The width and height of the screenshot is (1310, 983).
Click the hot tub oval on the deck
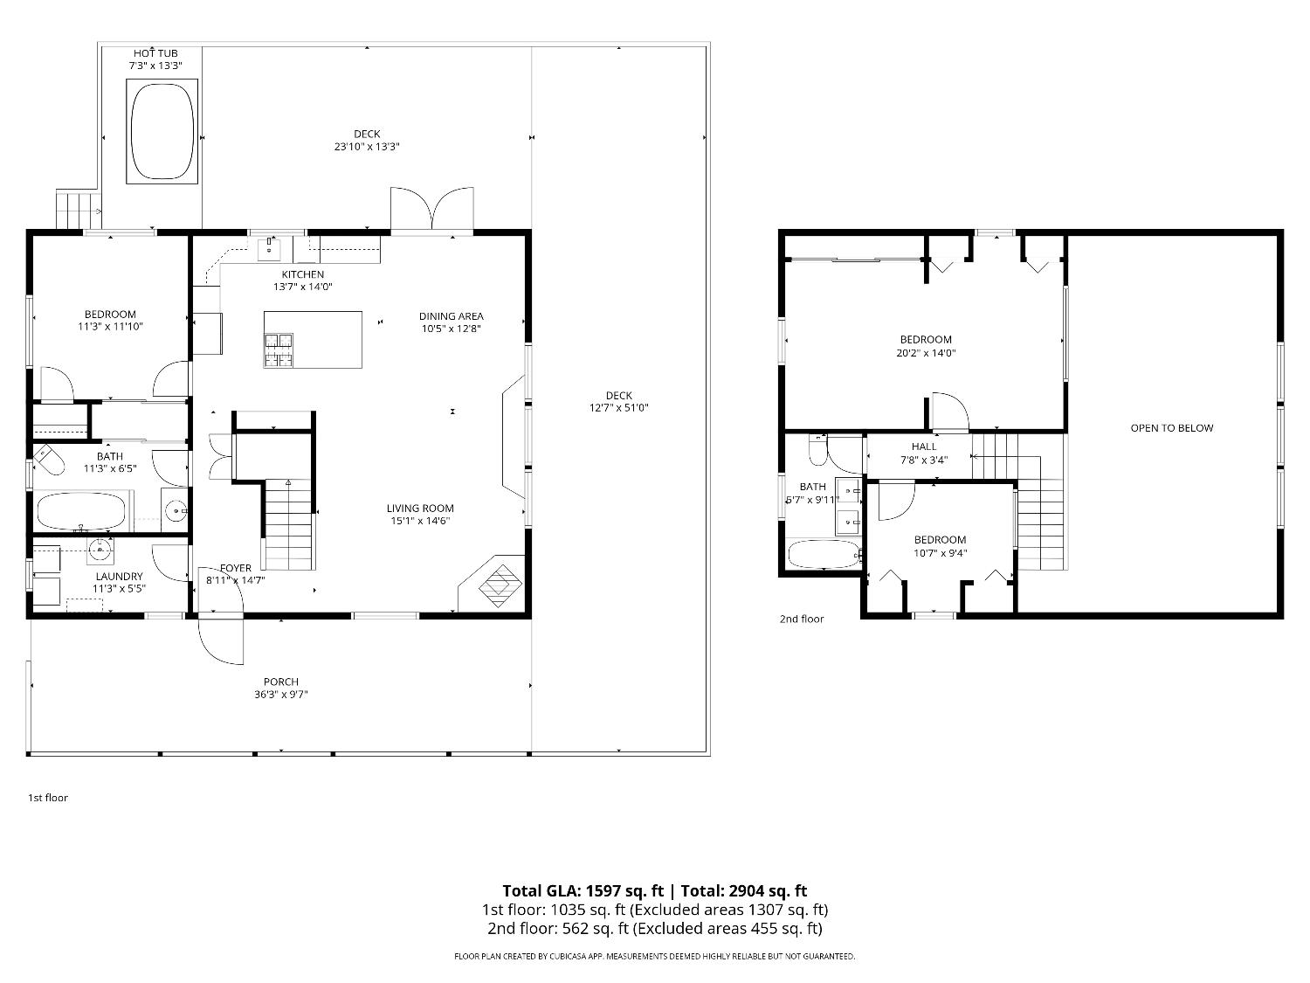coord(162,131)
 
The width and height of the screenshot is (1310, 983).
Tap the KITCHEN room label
coord(302,274)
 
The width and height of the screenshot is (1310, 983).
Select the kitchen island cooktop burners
coord(279,350)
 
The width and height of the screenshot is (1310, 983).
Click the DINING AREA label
coord(452,316)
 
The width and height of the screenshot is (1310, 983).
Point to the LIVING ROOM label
coord(420,509)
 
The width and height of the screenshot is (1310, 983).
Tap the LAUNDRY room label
coord(120,577)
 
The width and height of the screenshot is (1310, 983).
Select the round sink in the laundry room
coord(100,549)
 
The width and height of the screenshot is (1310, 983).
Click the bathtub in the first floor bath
coord(81,511)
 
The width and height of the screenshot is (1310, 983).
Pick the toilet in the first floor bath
coord(48,460)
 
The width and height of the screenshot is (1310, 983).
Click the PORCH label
coord(281,682)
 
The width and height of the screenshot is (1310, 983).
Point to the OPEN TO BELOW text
coord(1171,428)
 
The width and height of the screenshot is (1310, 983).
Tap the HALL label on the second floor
coord(924,447)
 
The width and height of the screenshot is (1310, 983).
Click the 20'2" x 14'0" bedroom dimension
coord(926,353)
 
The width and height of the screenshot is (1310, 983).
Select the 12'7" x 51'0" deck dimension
coord(619,408)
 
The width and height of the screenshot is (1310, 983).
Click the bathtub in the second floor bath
coord(824,555)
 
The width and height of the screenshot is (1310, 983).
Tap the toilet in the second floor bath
coord(817,450)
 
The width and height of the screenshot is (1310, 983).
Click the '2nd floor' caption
coord(802,619)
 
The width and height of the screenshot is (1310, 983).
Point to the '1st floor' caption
coord(48,798)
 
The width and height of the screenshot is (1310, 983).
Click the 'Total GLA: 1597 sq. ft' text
coord(583,891)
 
